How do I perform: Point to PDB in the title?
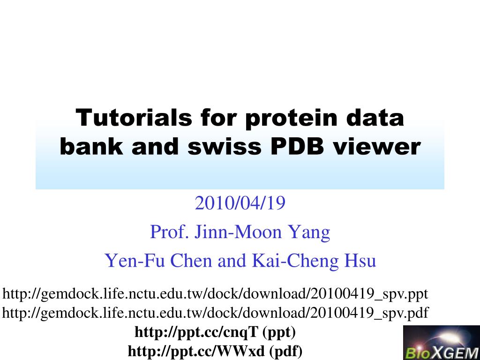[x=296, y=147]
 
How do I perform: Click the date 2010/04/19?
[x=240, y=203]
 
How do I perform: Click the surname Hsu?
[x=361, y=261]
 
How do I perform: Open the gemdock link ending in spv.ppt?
[x=215, y=294]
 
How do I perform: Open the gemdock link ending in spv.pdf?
[x=215, y=313]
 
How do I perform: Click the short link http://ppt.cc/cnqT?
[x=196, y=332]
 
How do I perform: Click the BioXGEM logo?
[x=441, y=343]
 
